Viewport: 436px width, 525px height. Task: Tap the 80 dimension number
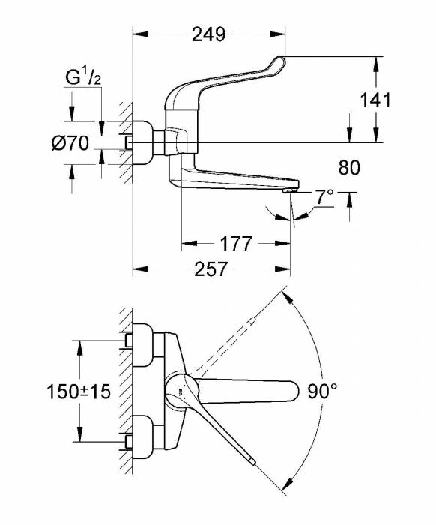pyautogui.click(x=350, y=166)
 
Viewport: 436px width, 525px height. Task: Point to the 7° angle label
pyautogui.click(x=324, y=198)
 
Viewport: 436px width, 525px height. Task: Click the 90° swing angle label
pyautogui.click(x=323, y=390)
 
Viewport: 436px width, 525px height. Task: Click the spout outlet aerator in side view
pyautogui.click(x=289, y=193)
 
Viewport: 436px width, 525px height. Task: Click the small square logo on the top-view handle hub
pyautogui.click(x=180, y=391)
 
